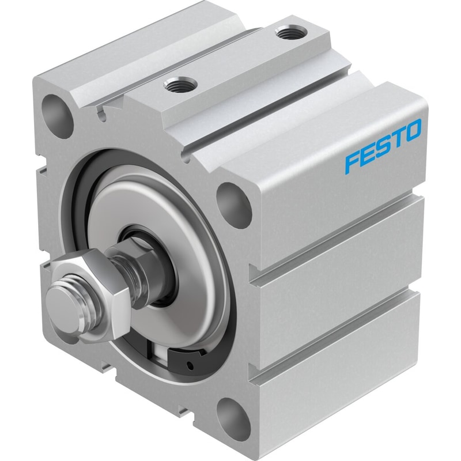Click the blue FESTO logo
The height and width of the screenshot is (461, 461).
pos(383,145)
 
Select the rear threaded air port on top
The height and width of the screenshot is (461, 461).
pos(291,32)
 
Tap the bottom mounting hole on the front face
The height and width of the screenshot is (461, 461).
pos(234,415)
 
